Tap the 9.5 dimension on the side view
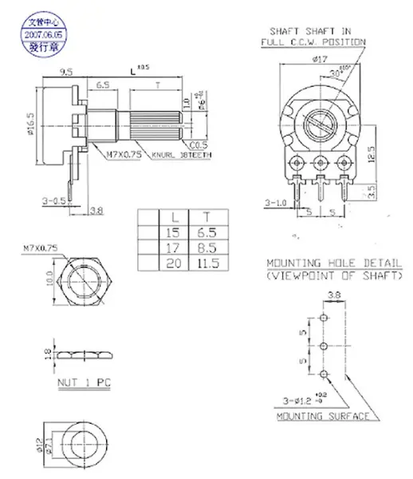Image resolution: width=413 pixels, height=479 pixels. point(66,72)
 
